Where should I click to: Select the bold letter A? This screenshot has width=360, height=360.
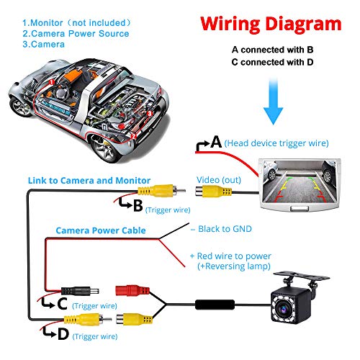[x=215, y=143]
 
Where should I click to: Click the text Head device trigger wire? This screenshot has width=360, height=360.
[x=276, y=143]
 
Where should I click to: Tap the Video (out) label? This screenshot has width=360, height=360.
[x=214, y=179]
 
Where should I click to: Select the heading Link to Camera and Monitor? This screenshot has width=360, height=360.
[x=89, y=179]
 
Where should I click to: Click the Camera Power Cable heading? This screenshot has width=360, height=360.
[x=101, y=230]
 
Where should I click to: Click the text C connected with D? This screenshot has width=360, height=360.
[x=276, y=62]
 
